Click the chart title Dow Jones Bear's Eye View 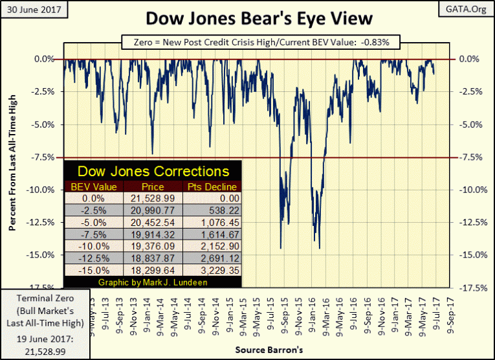tap(259, 17)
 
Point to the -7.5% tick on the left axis tap(45, 157)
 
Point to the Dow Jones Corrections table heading tap(153, 172)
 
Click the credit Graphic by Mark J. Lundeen tap(153, 283)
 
